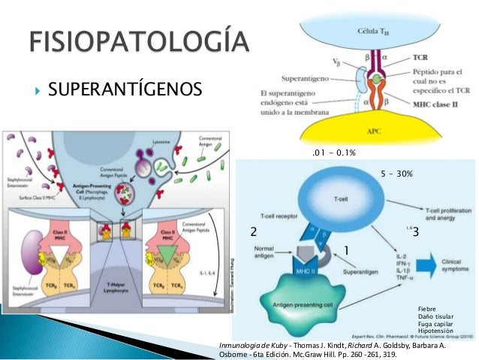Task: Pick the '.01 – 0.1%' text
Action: click(333, 153)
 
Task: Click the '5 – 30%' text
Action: click(397, 174)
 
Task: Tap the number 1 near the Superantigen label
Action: click(347, 249)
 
